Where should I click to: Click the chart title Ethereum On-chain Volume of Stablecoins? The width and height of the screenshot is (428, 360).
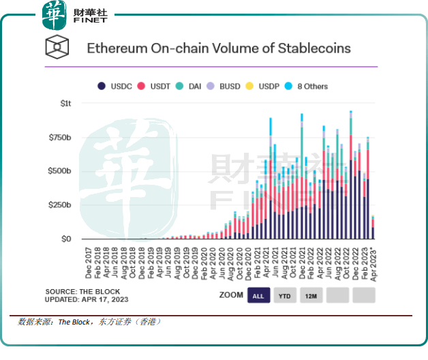click(218, 48)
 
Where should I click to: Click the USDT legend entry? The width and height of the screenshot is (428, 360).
click(156, 87)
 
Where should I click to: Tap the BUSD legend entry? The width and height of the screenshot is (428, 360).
click(228, 87)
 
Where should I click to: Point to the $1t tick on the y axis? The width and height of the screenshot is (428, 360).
click(65, 104)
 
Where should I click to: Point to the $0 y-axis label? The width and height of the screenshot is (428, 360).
click(65, 239)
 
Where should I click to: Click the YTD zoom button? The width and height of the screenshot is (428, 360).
click(286, 295)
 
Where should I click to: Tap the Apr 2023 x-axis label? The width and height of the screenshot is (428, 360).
click(373, 263)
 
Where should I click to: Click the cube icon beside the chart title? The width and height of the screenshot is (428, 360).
click(57, 48)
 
